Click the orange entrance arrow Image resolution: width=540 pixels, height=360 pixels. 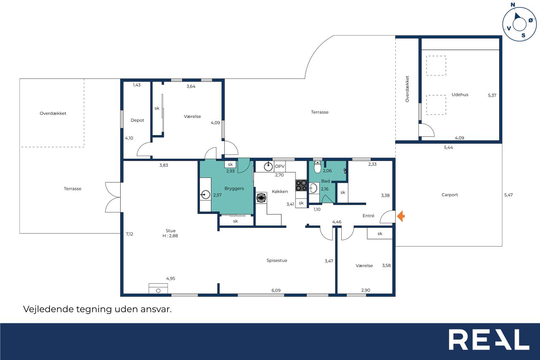(401, 216)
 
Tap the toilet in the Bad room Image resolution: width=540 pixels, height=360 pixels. (318, 167)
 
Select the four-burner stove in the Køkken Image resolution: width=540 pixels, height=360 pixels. (301, 186)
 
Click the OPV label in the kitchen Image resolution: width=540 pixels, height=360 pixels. (280, 166)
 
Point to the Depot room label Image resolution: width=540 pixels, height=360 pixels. (137, 120)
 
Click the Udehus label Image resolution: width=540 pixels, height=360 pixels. (460, 95)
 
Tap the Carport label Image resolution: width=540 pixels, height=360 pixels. (450, 195)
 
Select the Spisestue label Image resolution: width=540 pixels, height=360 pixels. (277, 260)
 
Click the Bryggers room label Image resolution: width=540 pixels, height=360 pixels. (234, 189)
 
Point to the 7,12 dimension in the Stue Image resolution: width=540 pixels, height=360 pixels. (130, 234)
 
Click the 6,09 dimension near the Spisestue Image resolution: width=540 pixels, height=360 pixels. (276, 290)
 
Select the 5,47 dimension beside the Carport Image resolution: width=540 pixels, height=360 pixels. (508, 195)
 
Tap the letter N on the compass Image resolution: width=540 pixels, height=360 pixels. (513, 5)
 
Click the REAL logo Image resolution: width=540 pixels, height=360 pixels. (489, 339)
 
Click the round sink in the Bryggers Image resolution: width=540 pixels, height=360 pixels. (205, 195)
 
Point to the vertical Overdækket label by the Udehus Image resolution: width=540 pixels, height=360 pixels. (407, 89)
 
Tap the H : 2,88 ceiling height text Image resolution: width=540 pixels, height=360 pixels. (170, 236)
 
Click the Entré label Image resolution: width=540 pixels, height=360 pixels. (368, 216)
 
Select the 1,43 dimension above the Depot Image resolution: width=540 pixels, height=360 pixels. (137, 85)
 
